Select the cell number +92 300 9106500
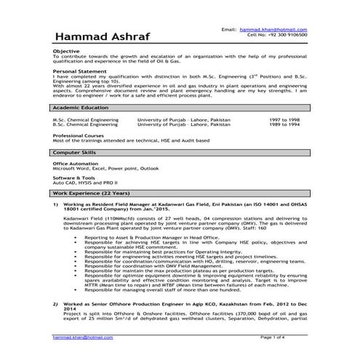[276, 34]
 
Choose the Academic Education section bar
[182, 106]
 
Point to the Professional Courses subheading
[79, 135]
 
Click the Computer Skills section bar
[182, 153]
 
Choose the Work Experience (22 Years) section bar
[182, 195]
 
